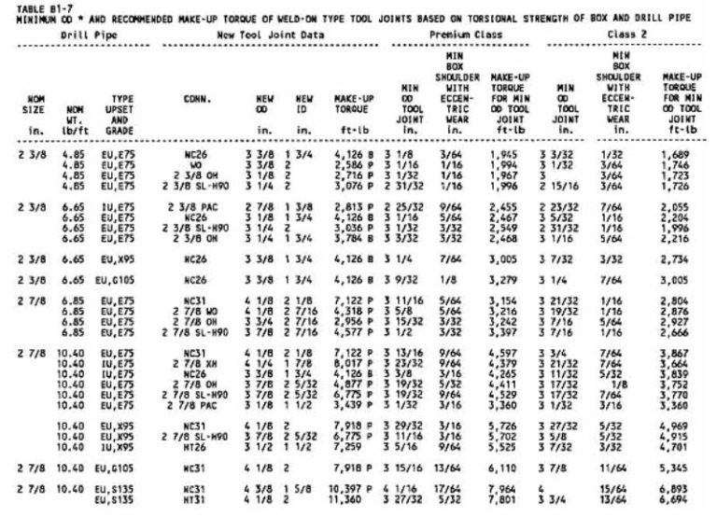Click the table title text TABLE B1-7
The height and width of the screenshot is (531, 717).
point(28,6)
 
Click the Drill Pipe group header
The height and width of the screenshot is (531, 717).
point(81,35)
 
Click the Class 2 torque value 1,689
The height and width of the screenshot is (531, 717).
point(680,168)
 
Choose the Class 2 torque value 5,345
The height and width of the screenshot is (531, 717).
point(680,465)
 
